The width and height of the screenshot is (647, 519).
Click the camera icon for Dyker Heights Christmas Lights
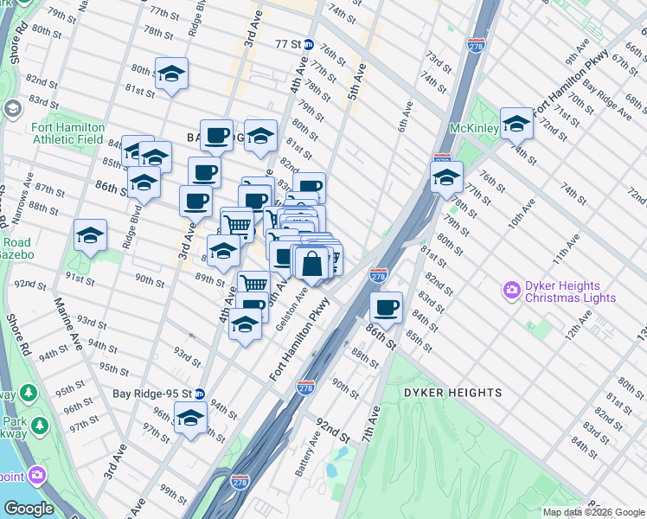pyautogui.click(x=511, y=289)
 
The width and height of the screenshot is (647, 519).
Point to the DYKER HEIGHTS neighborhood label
pyautogui.click(x=452, y=393)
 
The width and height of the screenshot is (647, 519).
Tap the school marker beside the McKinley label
pyautogui.click(x=516, y=123)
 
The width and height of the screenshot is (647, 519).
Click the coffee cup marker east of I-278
pyautogui.click(x=387, y=306)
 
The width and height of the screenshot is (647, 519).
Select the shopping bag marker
pyautogui.click(x=313, y=263)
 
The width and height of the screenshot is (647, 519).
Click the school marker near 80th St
pyautogui.click(x=171, y=74)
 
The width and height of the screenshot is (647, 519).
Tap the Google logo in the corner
pyautogui.click(x=29, y=509)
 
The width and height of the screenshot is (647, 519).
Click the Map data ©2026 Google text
pyautogui.click(x=593, y=512)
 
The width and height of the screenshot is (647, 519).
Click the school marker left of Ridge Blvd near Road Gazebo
pyautogui.click(x=90, y=235)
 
